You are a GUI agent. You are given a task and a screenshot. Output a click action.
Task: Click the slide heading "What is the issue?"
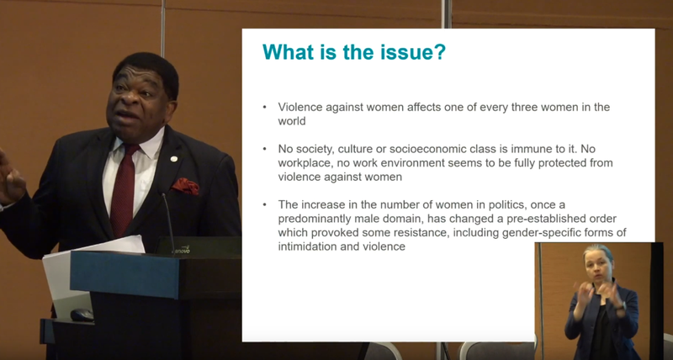[x=354, y=52]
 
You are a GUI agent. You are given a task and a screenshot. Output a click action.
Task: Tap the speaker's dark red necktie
[x=123, y=188]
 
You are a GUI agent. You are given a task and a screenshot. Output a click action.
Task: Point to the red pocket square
[x=185, y=186]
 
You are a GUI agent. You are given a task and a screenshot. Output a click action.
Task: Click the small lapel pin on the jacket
[x=173, y=159]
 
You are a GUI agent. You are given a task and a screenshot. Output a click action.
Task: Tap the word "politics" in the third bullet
[x=508, y=204]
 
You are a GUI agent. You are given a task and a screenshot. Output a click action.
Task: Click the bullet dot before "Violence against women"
[x=265, y=108]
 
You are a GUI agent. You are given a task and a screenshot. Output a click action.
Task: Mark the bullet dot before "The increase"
[x=265, y=205]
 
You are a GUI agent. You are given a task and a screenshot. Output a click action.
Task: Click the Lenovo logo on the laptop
[x=181, y=251]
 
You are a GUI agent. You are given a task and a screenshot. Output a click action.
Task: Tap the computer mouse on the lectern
[x=82, y=315]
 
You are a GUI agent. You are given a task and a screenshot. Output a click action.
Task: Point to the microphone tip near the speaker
[x=163, y=196]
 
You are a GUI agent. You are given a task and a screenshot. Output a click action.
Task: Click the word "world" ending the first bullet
[x=292, y=121]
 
